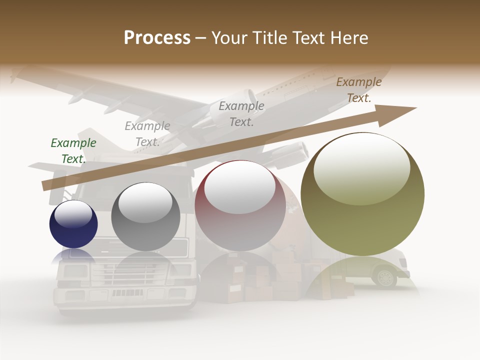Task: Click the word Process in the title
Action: tap(157, 38)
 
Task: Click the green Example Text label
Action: tap(73, 150)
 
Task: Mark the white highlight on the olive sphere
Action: tap(361, 167)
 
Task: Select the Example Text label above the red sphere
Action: tap(241, 113)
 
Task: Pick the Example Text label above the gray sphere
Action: tap(147, 134)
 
